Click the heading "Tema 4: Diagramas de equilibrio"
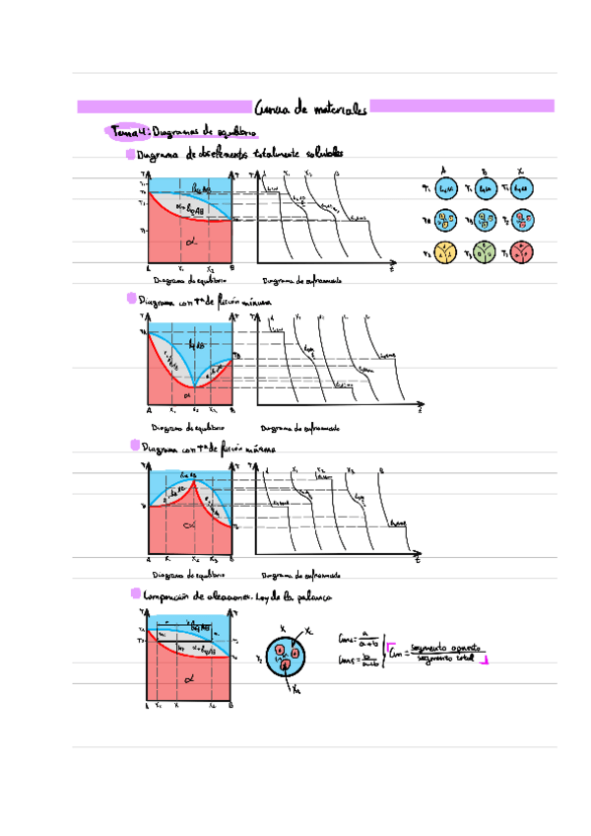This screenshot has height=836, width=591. coord(185,132)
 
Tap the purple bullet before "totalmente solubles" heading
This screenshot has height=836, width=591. coord(130,155)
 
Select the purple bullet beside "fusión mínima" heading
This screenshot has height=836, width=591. coord(131,299)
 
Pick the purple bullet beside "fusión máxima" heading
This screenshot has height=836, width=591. coord(133,446)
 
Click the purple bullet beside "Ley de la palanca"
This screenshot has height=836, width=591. coord(133,594)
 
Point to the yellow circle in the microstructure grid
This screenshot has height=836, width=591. coord(446,251)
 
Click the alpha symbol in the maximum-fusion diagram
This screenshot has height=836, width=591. coord(190,525)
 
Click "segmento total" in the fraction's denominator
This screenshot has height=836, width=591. coord(444,657)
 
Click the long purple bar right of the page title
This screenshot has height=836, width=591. coord(464,105)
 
